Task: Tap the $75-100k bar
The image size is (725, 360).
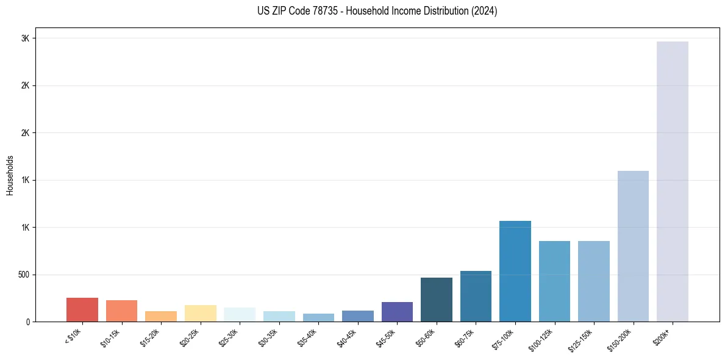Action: coord(515,271)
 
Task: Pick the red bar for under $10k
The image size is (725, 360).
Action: coord(82,309)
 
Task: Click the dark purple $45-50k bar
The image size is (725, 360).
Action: coord(397,312)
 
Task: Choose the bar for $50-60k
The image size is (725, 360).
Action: coord(437,300)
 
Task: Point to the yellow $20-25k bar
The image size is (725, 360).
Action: coord(200,313)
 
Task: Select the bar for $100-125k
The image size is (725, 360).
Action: coord(554,281)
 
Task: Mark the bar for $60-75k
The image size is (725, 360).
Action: coord(476,296)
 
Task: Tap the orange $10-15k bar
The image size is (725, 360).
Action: coord(121,311)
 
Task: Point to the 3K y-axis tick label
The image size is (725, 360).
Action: coord(25,38)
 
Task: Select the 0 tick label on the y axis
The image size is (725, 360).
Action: coord(27,322)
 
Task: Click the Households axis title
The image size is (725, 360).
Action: coord(10,175)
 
